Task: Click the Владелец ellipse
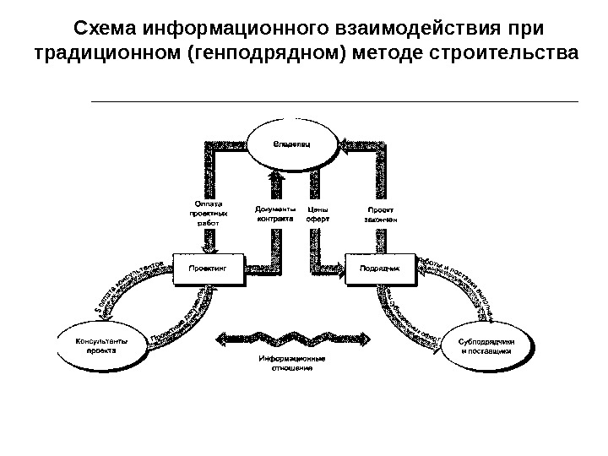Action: click(x=291, y=145)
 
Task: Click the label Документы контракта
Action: click(x=274, y=214)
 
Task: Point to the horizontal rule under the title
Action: click(x=334, y=101)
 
